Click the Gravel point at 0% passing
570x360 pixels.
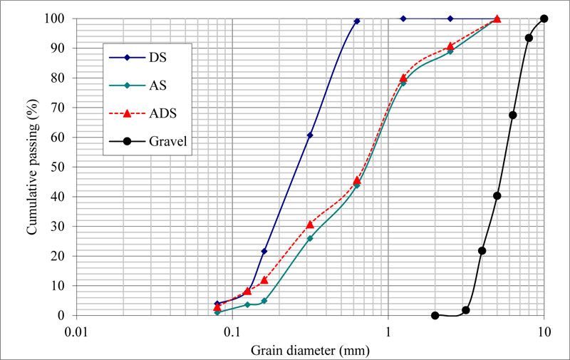click(435, 315)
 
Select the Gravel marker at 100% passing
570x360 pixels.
click(544, 19)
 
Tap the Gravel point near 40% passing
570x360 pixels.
click(497, 196)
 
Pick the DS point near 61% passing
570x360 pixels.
click(310, 135)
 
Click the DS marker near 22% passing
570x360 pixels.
click(264, 251)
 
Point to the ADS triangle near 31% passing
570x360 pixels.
click(310, 225)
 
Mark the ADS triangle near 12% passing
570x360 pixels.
click(264, 280)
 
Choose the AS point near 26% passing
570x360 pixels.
click(310, 238)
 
